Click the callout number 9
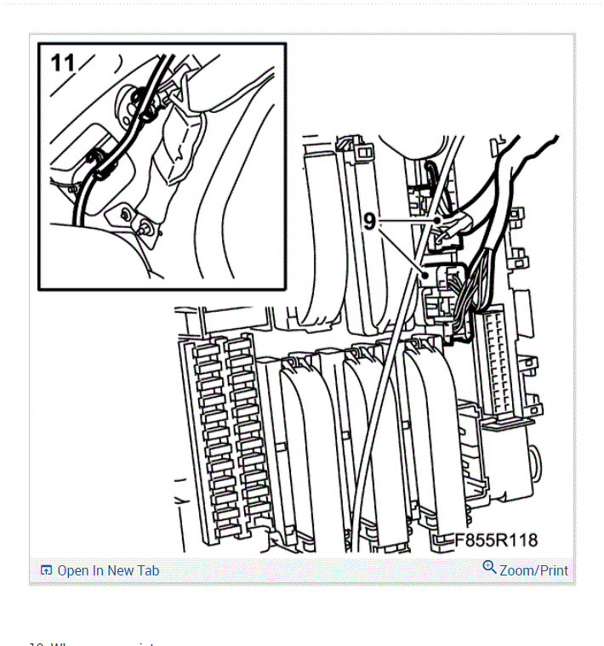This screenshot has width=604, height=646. (x=369, y=221)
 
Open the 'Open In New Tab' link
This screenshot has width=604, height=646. (x=107, y=570)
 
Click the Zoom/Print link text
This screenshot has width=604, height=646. (x=533, y=570)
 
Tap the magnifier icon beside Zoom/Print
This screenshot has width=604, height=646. (x=489, y=567)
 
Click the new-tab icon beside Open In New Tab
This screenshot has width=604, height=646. (x=47, y=570)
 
